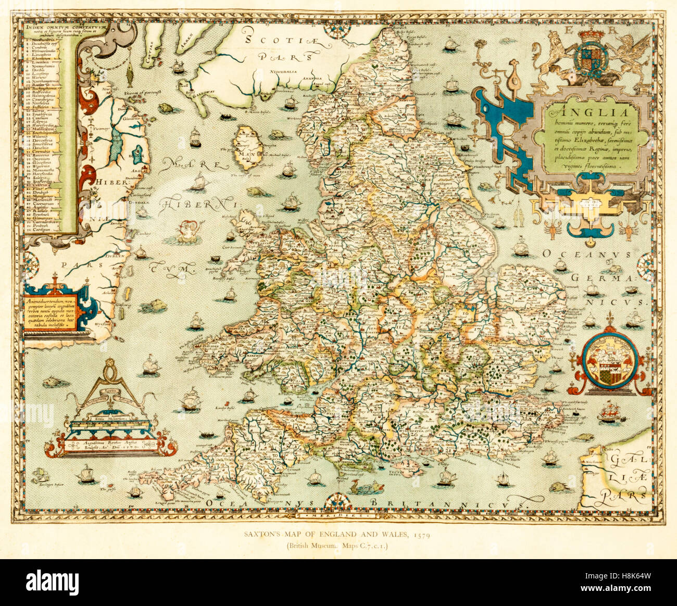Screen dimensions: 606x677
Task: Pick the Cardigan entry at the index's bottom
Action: click(x=45, y=229)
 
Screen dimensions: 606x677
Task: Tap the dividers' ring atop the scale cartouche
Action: click(x=110, y=370)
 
